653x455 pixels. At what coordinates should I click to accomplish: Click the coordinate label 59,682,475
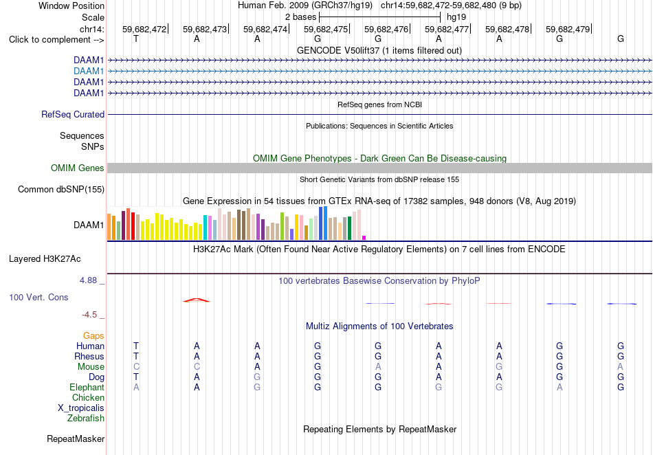326,29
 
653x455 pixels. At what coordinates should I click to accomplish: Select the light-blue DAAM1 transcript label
89,71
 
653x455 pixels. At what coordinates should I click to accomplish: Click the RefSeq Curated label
73,115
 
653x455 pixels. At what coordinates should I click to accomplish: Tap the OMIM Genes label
78,168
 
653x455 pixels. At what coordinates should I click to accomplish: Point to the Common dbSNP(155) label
61,190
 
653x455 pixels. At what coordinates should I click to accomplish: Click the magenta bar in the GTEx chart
364,238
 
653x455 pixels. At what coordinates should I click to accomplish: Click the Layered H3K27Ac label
45,259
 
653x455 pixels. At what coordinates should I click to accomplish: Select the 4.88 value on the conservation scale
88,280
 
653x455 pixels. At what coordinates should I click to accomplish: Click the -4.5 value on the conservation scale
89,315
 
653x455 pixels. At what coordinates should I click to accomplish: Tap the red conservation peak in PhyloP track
197,300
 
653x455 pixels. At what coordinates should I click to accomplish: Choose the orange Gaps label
93,336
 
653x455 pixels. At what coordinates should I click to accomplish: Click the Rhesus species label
89,356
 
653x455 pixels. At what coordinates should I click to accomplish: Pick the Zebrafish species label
86,419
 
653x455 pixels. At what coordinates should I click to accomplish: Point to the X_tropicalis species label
81,408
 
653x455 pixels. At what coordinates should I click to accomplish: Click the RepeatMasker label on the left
76,439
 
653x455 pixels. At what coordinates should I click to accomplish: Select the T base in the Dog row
136,377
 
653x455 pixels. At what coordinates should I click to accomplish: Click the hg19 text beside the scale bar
456,17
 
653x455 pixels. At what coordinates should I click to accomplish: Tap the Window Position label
71,5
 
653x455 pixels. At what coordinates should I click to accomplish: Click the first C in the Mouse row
136,367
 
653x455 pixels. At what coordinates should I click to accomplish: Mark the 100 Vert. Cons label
38,297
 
